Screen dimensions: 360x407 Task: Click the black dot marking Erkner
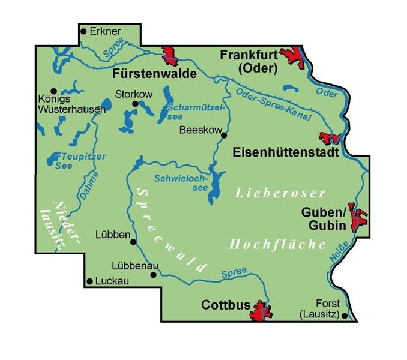(x=84, y=31)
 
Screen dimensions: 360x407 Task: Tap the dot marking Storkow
(x=135, y=104)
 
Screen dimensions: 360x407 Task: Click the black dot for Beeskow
(x=223, y=135)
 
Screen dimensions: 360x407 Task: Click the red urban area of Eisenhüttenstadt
(x=330, y=137)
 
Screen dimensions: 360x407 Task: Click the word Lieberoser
(x=280, y=193)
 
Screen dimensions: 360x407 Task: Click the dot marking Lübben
(x=133, y=242)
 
